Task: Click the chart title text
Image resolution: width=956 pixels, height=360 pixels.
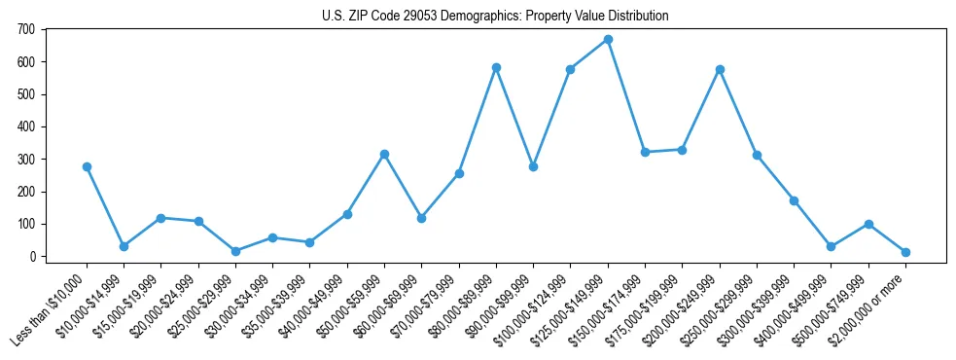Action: coord(495,17)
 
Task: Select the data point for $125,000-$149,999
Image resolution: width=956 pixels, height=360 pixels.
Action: coord(608,40)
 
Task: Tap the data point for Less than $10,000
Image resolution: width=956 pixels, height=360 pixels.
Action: coord(87,167)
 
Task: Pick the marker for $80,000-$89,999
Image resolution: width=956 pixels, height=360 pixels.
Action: coord(496,68)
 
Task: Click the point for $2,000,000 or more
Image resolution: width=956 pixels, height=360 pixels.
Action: coord(905,252)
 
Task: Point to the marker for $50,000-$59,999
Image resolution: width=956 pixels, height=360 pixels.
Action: coord(384,155)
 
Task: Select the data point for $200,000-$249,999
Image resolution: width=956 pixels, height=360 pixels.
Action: coord(720,70)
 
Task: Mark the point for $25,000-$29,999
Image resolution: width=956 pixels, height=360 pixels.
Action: coord(235,251)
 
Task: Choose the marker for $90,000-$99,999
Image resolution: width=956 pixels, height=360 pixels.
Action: coord(533,167)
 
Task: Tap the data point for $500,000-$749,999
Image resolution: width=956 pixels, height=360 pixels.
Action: coord(868,225)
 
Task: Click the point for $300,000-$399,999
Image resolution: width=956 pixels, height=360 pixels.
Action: coord(794,200)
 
